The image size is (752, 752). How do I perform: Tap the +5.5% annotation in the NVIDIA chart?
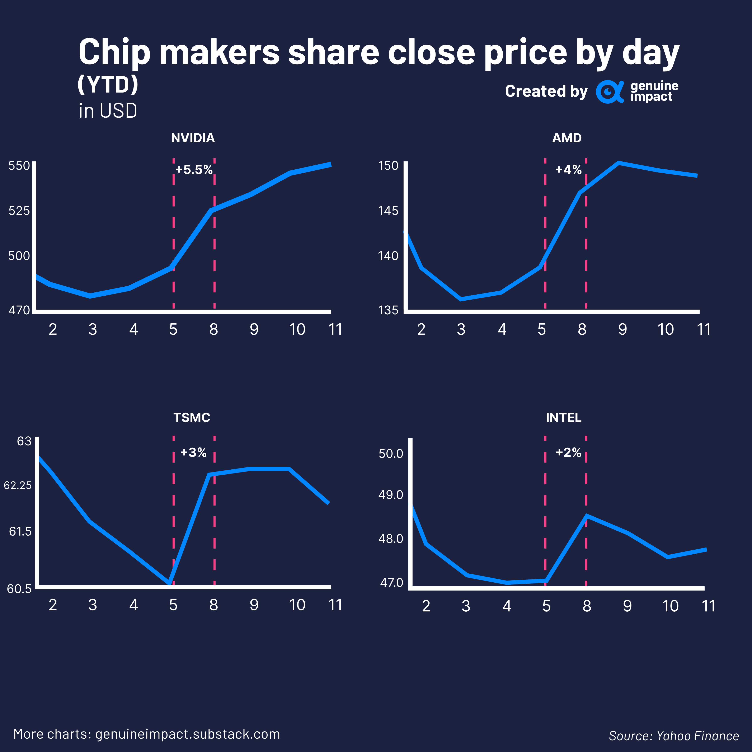coord(194,170)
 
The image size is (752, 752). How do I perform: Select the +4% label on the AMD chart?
coord(568,170)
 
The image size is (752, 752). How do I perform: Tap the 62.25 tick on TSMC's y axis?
coord(18,485)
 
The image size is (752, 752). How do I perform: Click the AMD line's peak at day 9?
coord(619,163)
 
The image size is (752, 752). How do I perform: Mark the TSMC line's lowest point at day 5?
coord(169,583)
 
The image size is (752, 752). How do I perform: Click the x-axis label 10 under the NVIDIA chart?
coord(297,330)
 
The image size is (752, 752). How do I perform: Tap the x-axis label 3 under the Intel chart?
coord(466,606)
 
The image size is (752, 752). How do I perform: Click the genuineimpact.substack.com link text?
coord(188,734)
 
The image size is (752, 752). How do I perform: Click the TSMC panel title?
coord(192,418)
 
